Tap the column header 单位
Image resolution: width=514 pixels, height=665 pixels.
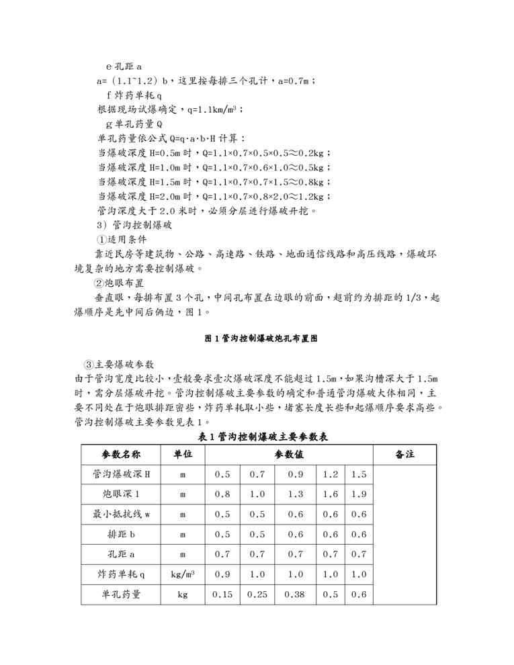point(183,455)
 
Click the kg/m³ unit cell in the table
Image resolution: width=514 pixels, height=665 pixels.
point(183,575)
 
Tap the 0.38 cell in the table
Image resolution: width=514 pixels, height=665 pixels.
point(295,594)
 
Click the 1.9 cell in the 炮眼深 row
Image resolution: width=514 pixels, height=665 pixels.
point(359,494)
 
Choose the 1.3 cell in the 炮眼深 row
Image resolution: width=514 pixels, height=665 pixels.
point(295,494)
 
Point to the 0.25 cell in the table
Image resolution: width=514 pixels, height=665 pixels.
point(257,594)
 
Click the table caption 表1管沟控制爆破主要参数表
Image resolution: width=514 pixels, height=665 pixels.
point(263,437)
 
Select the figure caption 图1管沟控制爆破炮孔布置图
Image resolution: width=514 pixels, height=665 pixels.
point(261,340)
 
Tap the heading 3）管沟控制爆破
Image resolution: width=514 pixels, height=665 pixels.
point(135,225)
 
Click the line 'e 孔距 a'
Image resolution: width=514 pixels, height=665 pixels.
point(124,67)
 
